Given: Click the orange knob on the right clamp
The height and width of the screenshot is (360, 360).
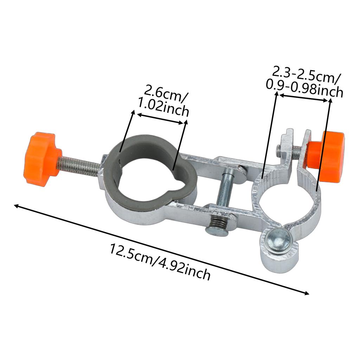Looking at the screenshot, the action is pos(326,156).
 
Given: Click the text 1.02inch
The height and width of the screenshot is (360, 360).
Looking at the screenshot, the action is pos(163,108).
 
